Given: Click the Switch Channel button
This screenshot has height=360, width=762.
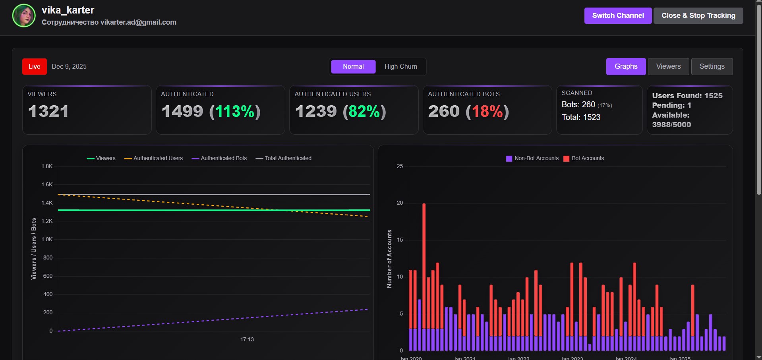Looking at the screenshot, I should [x=618, y=15].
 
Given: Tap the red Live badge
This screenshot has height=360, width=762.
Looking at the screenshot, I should [x=34, y=67].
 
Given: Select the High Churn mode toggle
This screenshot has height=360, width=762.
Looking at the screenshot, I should [x=400, y=67].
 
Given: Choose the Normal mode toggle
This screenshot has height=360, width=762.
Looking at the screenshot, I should [x=353, y=67].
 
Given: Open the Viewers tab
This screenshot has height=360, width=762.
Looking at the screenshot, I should [x=668, y=66].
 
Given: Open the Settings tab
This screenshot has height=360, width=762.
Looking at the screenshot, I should [x=712, y=66].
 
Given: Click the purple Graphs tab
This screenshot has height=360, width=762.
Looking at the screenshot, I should [x=626, y=66].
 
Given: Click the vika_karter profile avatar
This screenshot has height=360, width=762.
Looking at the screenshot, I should [x=24, y=15].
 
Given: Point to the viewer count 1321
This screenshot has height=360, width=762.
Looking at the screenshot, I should [x=48, y=111].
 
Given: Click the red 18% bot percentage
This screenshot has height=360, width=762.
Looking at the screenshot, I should [x=487, y=112].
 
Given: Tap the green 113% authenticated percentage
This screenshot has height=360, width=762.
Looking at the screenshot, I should [x=235, y=112].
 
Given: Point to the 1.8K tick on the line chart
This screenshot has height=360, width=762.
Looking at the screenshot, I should [x=47, y=166].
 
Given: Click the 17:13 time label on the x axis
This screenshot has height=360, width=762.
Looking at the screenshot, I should [x=247, y=339].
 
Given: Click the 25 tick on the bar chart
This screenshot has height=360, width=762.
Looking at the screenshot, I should [x=400, y=166].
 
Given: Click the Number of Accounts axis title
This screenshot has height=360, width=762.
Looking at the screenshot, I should [x=389, y=259].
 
